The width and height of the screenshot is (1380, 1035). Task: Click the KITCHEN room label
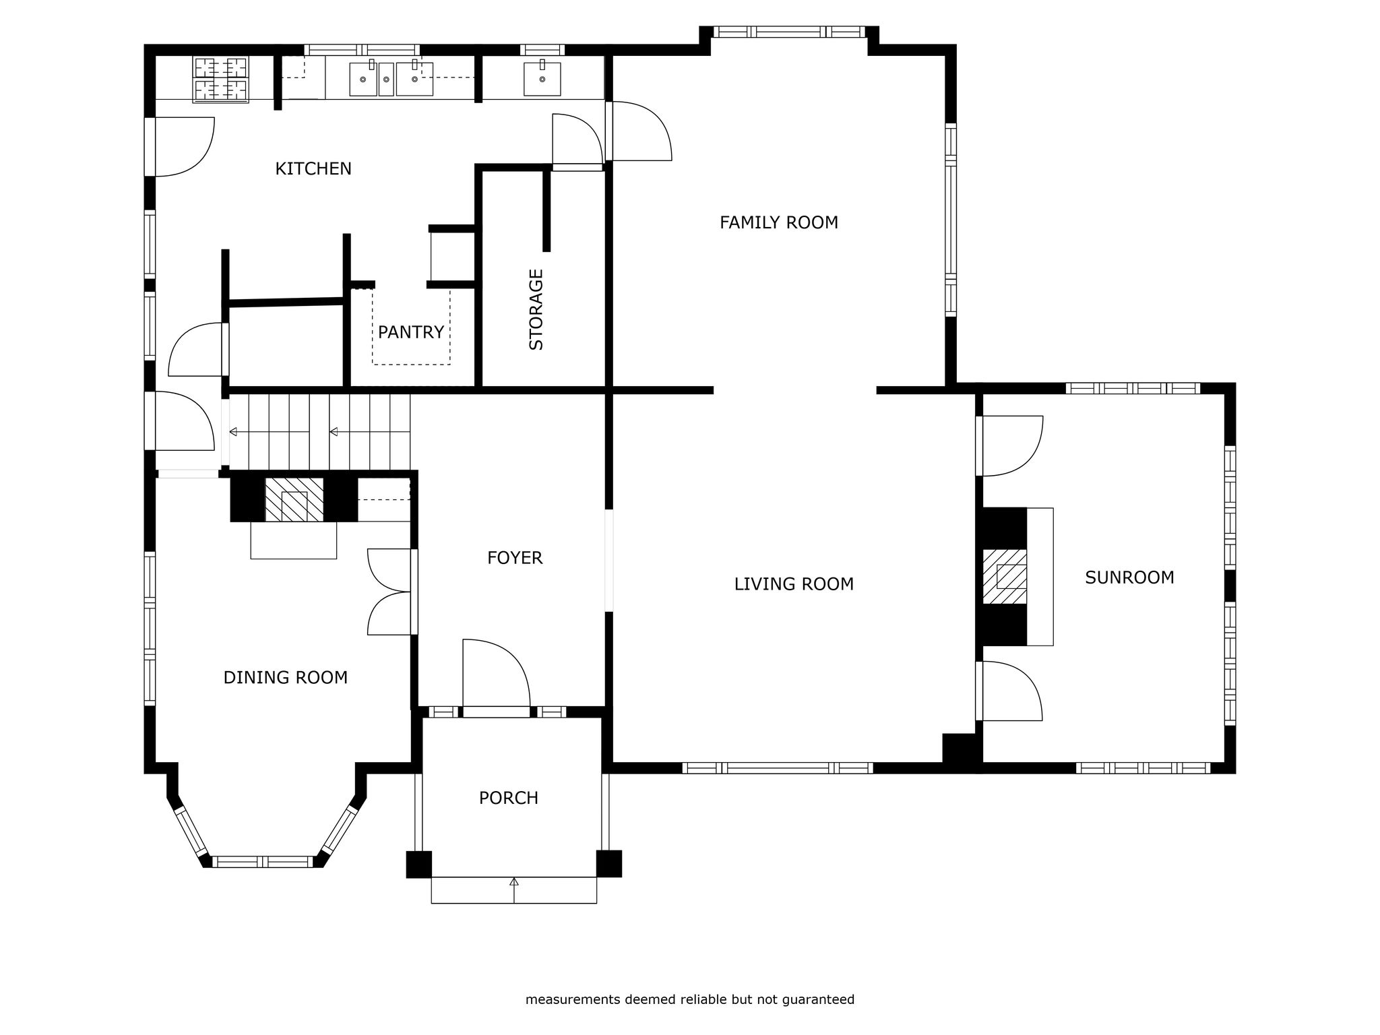tap(313, 168)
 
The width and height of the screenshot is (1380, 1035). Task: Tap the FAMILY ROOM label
tap(779, 222)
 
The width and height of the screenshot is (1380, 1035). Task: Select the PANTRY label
tap(411, 332)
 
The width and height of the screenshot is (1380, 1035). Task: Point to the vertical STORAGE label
tap(536, 309)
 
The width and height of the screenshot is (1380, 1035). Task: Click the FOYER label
tap(515, 558)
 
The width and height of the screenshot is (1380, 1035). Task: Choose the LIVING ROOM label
tap(794, 584)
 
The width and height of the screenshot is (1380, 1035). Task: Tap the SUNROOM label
tap(1129, 577)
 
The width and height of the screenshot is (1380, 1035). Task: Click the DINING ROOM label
tap(286, 678)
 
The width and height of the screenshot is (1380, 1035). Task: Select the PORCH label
tap(509, 798)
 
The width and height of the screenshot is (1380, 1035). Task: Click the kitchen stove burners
tap(221, 80)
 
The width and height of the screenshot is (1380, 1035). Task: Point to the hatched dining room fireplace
tap(294, 500)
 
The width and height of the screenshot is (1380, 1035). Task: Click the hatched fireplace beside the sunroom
tap(1005, 577)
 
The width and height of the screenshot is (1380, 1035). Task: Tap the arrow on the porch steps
tap(514, 889)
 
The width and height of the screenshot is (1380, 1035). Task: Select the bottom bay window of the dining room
tap(263, 861)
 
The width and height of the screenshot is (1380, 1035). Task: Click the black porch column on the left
tap(418, 865)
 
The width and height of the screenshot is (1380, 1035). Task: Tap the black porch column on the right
tap(609, 864)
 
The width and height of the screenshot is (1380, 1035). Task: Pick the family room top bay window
tap(789, 32)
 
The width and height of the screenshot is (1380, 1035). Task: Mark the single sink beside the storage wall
tap(542, 79)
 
